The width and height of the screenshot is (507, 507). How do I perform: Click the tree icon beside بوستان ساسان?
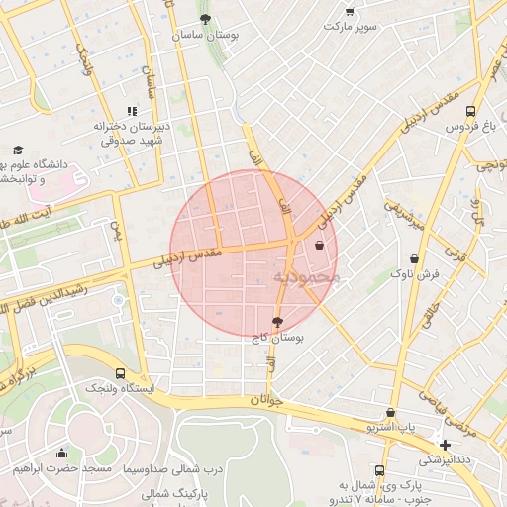pos(205,19)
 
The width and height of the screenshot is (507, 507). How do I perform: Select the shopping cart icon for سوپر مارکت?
pos(351,12)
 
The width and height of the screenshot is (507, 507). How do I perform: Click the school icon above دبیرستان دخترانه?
pos(131,112)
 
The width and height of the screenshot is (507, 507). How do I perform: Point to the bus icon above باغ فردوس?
pos(469,112)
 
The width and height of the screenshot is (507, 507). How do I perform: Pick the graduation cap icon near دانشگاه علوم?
pos(18,150)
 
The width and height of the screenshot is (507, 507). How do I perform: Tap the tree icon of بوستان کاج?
pos(276,322)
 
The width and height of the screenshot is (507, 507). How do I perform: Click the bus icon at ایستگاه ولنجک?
pos(120,373)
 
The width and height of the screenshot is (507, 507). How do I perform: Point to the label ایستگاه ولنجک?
pos(120,389)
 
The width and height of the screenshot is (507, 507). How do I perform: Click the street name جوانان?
pos(266,400)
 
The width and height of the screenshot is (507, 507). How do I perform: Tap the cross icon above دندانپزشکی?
pos(446,445)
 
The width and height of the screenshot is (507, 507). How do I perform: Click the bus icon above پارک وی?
pos(379,470)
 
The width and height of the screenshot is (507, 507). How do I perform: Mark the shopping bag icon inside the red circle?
pos(319,245)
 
